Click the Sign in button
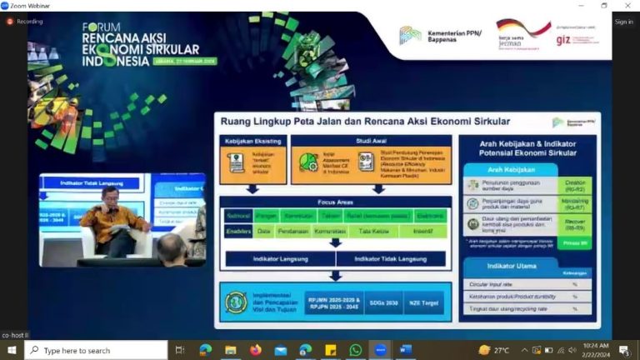coord(623,22)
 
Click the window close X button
coord(627,6)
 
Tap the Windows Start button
coord(12,350)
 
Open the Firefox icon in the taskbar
coord(255,350)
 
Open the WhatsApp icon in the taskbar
coord(356,350)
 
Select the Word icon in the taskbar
coord(406,350)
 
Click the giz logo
coord(564,38)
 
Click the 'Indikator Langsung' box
coord(280,259)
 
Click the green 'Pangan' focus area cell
coord(267,215)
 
